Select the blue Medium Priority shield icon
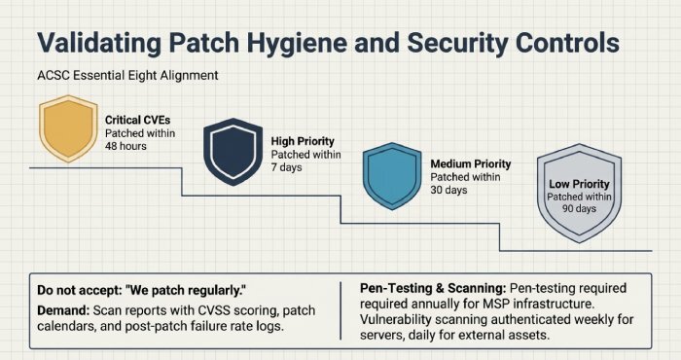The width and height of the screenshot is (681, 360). (391, 176)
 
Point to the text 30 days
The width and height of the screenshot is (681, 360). (449, 190)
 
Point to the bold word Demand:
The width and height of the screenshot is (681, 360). (63, 308)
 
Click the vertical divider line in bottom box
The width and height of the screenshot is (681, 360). (341, 310)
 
